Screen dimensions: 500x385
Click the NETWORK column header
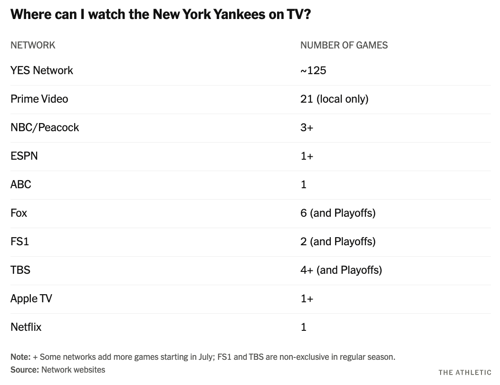click(33, 45)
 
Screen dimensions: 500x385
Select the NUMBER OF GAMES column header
click(344, 45)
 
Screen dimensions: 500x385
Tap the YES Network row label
click(42, 70)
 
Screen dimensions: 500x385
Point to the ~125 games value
click(313, 70)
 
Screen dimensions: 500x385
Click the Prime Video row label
click(39, 99)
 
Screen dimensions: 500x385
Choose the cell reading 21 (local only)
click(335, 99)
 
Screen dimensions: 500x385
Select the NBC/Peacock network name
click(45, 127)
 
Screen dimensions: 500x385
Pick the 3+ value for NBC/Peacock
click(307, 127)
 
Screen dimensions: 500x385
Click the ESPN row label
click(24, 156)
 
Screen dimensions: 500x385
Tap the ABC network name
click(21, 184)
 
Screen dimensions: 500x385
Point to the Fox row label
click(19, 213)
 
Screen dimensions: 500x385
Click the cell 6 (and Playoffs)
click(338, 213)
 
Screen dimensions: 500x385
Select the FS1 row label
click(20, 241)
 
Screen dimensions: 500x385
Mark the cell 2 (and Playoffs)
click(338, 242)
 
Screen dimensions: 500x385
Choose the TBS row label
click(20, 270)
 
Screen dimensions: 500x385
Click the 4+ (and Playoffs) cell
click(341, 270)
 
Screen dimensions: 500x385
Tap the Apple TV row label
click(31, 298)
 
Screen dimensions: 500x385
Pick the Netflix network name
click(26, 327)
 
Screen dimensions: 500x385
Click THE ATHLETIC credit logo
click(465, 373)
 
